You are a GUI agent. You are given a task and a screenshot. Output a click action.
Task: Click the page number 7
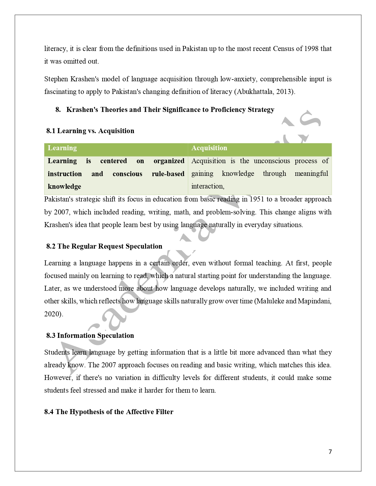click(330, 452)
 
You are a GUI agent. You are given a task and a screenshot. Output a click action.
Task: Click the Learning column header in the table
click(62, 148)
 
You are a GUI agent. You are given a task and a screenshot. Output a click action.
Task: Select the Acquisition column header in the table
click(209, 148)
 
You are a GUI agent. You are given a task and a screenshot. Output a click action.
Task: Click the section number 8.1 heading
click(51, 131)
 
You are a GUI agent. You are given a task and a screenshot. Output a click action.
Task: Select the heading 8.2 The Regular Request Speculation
click(104, 246)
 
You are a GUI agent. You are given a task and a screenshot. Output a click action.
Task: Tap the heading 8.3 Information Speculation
click(90, 335)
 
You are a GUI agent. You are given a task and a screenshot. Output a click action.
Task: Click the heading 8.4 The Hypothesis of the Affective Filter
click(109, 412)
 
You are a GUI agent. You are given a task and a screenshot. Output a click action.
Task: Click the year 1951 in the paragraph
click(257, 199)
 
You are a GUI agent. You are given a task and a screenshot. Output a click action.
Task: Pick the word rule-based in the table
click(168, 174)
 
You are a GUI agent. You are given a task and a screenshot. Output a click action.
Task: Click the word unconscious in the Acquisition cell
click(272, 161)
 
